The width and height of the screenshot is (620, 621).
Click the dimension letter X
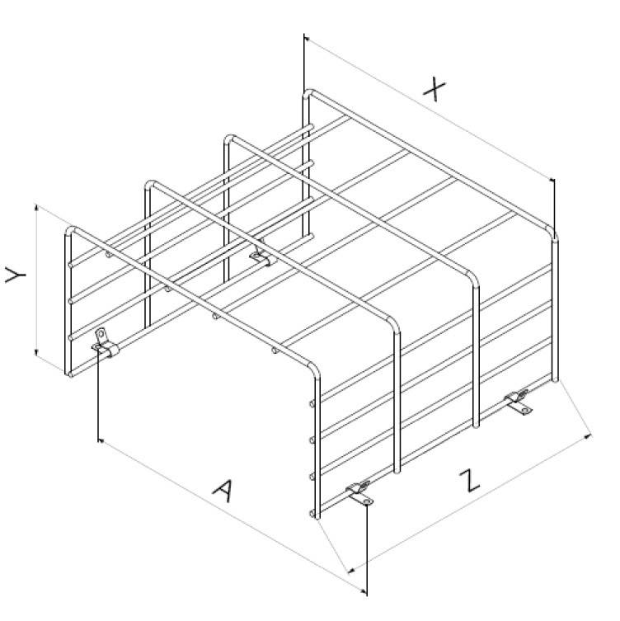click(x=434, y=89)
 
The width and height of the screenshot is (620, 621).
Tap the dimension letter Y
click(x=16, y=275)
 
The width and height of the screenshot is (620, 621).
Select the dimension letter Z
click(x=470, y=481)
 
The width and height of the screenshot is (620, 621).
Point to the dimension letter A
click(x=223, y=491)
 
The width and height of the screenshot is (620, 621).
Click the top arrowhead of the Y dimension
click(x=37, y=209)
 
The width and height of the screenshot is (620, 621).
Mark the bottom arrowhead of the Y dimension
click(x=37, y=351)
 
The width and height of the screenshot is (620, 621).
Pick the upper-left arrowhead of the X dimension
click(x=308, y=39)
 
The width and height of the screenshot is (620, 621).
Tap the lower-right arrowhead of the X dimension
click(x=551, y=180)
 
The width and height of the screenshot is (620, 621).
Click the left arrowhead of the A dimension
click(x=101, y=440)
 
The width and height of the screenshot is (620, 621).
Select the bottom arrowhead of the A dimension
click(x=363, y=591)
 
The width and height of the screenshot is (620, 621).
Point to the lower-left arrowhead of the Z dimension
click(x=351, y=571)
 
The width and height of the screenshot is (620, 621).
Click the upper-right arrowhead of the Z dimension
click(x=589, y=436)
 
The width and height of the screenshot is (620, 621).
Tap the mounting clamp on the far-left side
click(x=105, y=344)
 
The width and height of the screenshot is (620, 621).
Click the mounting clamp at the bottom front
click(x=359, y=493)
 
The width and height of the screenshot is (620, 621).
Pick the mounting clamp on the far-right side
click(x=518, y=402)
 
